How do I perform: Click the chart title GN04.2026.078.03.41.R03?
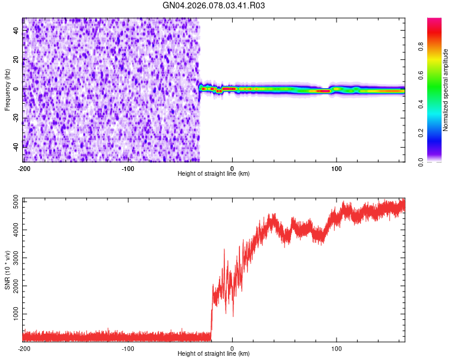pos(214,6)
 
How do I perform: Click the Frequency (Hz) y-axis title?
pos(7,89)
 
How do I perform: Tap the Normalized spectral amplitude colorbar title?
pos(446,91)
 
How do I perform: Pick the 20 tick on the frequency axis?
pos(15,59)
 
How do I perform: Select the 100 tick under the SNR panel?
pos(337,349)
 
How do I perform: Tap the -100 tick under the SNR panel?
pos(128,349)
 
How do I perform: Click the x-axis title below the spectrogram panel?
pos(214,174)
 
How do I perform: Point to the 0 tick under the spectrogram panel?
pos(232,167)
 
